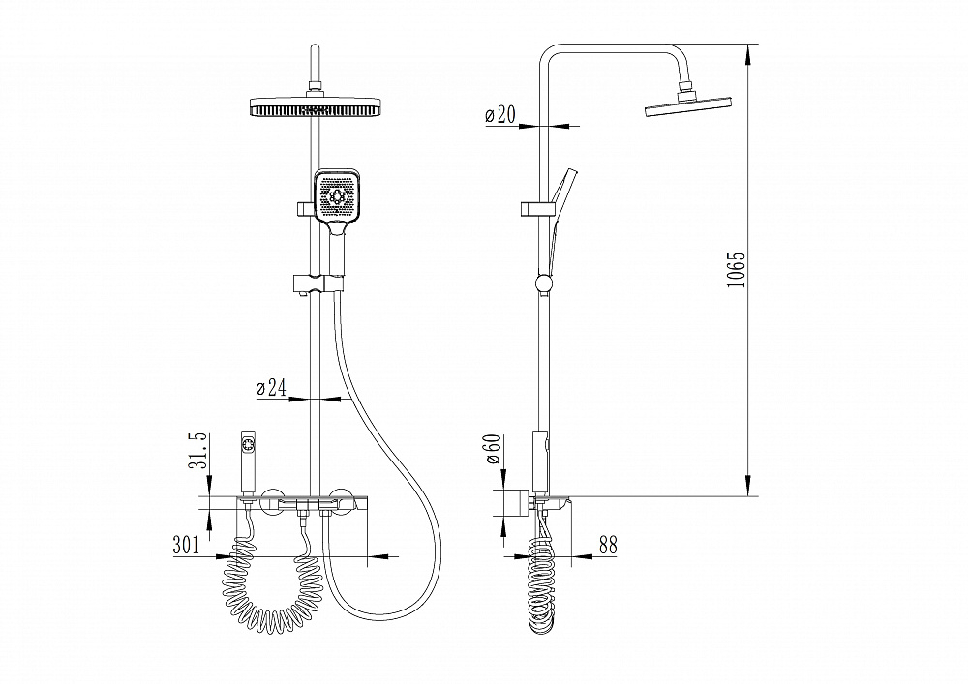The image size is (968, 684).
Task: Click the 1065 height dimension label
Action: pyautogui.click(x=736, y=270)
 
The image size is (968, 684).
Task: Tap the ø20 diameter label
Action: pyautogui.click(x=500, y=114)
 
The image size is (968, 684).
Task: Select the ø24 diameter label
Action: pyautogui.click(x=271, y=388)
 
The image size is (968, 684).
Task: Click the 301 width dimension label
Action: pyautogui.click(x=187, y=546)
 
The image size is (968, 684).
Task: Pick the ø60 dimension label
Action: pyautogui.click(x=495, y=450)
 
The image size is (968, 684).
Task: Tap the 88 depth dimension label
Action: pyautogui.click(x=608, y=546)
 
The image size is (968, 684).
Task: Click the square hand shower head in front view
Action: pyautogui.click(x=337, y=196)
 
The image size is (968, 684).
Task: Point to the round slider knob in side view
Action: pyautogui.click(x=544, y=283)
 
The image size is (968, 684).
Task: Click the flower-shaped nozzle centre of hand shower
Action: pyautogui.click(x=337, y=196)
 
